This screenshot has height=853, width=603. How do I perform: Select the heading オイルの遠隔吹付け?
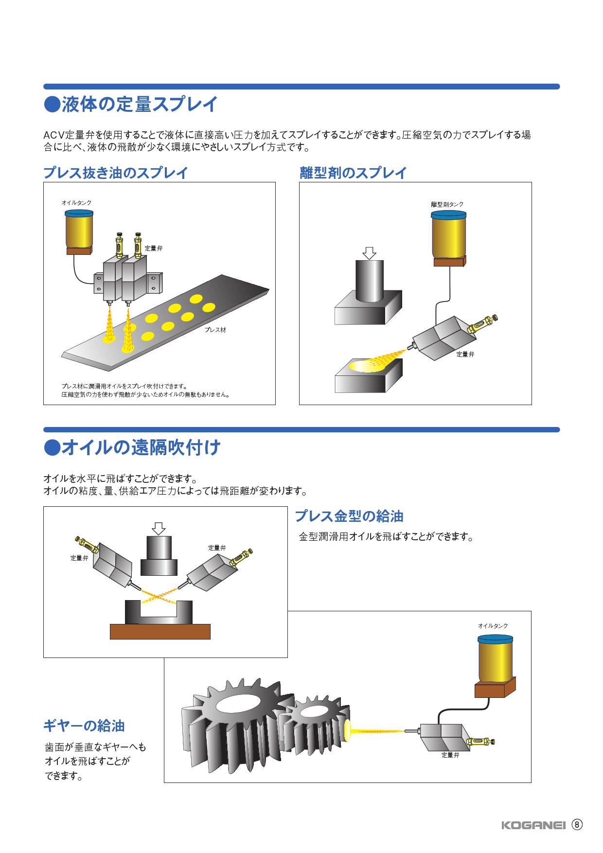pyautogui.click(x=132, y=447)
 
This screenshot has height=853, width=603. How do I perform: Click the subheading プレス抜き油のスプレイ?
pyautogui.click(x=115, y=173)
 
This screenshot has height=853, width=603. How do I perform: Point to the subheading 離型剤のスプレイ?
pyautogui.click(x=353, y=173)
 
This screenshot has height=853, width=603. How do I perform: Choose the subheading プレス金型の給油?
pyautogui.click(x=349, y=515)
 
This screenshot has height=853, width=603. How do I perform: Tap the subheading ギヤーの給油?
pyautogui.click(x=84, y=726)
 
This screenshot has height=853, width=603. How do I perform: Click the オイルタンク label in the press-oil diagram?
pyautogui.click(x=76, y=202)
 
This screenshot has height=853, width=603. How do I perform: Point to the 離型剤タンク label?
pyautogui.click(x=447, y=205)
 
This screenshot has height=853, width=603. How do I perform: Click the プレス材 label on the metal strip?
pyautogui.click(x=215, y=330)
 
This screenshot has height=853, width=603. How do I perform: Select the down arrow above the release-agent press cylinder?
pyautogui.click(x=370, y=253)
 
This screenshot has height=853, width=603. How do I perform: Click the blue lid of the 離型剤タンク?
pyautogui.click(x=449, y=215)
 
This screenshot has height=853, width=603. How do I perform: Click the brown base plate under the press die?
pyautogui.click(x=160, y=632)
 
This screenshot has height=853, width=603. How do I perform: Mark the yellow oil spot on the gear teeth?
pyautogui.click(x=348, y=731)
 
